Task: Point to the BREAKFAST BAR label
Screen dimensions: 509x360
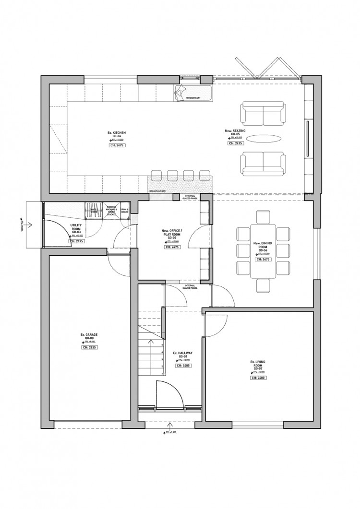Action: click(x=157, y=191)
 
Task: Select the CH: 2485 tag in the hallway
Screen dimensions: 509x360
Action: click(x=183, y=366)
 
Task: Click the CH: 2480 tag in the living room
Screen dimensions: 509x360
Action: click(x=258, y=378)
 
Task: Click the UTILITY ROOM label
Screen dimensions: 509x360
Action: click(x=76, y=227)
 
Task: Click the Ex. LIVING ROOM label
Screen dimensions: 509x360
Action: click(x=258, y=364)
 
